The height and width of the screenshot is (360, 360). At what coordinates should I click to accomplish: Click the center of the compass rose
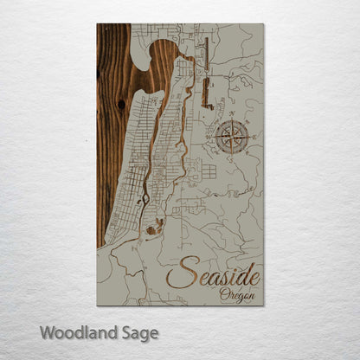tap(232, 138)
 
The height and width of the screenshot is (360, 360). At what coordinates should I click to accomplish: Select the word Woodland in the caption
tap(74, 332)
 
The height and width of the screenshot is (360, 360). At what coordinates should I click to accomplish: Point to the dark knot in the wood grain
tap(121, 104)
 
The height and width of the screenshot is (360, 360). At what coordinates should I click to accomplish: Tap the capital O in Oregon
tap(224, 295)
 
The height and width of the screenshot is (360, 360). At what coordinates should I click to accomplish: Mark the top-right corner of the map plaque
tap(263, 24)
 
